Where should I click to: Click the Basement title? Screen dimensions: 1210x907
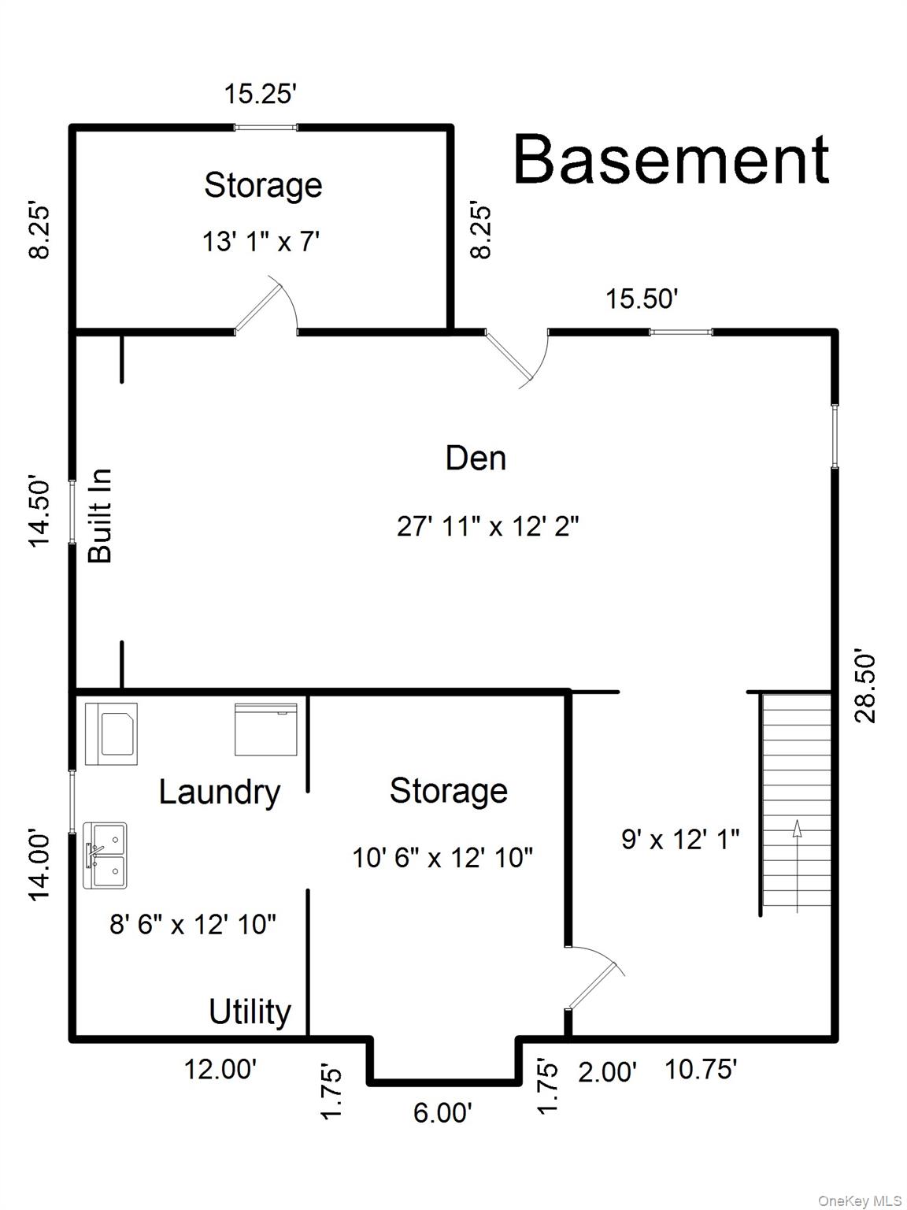pyautogui.click(x=671, y=160)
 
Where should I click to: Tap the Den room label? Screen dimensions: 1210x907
pyautogui.click(x=476, y=458)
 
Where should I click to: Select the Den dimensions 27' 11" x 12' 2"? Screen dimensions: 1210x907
pyautogui.click(x=487, y=526)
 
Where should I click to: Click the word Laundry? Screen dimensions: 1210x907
pyautogui.click(x=220, y=792)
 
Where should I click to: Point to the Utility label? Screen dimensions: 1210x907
pyautogui.click(x=250, y=1011)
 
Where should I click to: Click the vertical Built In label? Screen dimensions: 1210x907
pyautogui.click(x=101, y=516)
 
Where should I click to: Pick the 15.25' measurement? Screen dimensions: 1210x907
pyautogui.click(x=260, y=95)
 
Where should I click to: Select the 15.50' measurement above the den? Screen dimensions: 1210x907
pyautogui.click(x=642, y=299)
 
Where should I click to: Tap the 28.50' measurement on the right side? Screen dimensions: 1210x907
pyautogui.click(x=864, y=686)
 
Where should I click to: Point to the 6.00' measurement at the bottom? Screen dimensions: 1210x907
pyautogui.click(x=442, y=1112)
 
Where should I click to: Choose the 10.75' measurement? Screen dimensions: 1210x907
pyautogui.click(x=701, y=1070)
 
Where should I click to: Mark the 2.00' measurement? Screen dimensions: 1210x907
pyautogui.click(x=607, y=1072)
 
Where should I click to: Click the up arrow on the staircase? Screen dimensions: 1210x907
pyautogui.click(x=797, y=829)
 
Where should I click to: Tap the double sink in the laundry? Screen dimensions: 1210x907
pyautogui.click(x=106, y=856)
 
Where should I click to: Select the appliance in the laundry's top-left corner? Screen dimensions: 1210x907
pyautogui.click(x=111, y=733)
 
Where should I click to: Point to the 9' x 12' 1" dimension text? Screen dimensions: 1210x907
pyautogui.click(x=680, y=840)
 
